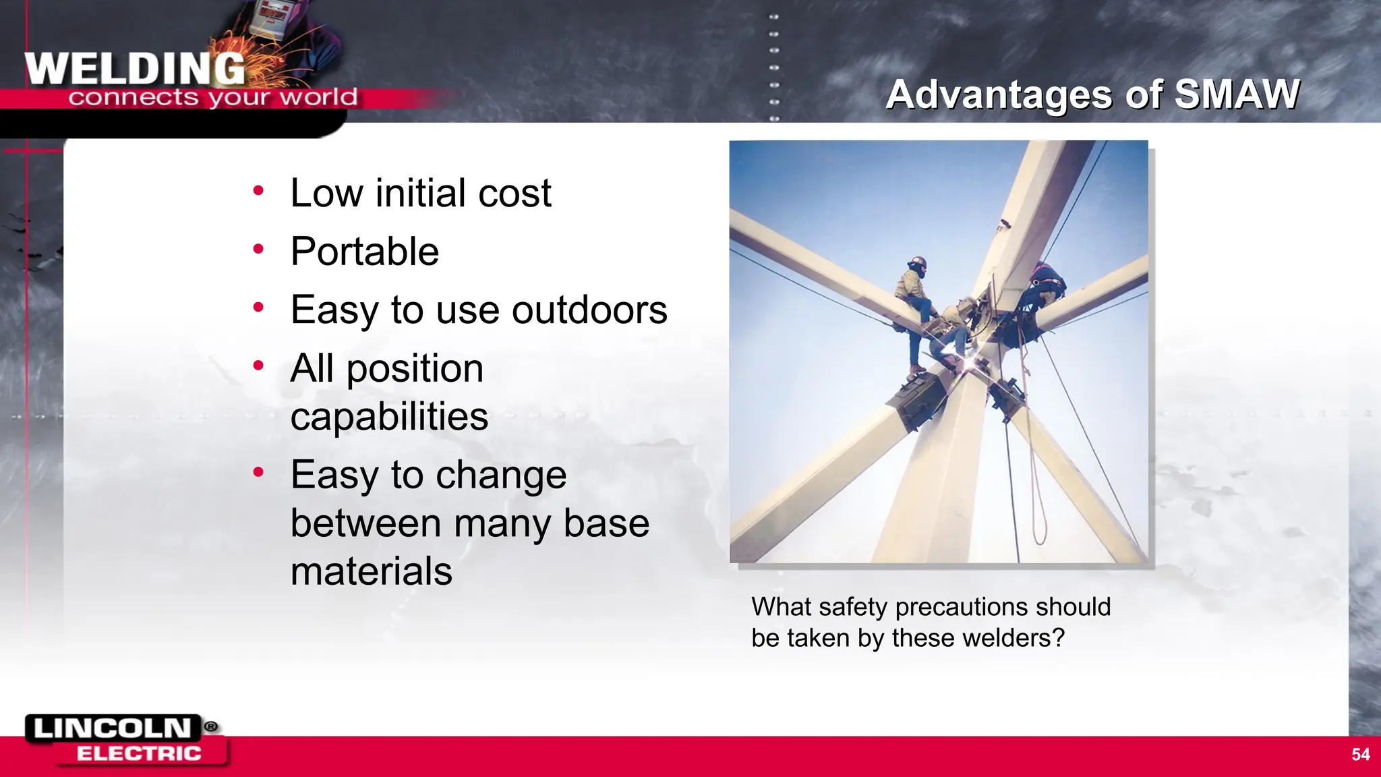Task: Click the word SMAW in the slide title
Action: [x=1237, y=94]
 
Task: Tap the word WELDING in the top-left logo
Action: [x=135, y=69]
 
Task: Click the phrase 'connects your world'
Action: [x=212, y=98]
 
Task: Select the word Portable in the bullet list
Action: [x=365, y=252]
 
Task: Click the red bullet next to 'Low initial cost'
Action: [x=258, y=191]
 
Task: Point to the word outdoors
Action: [x=589, y=310]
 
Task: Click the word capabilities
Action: [x=389, y=416]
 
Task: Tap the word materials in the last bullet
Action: [x=371, y=571]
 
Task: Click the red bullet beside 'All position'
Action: [x=258, y=366]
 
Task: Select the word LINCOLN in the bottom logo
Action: [x=113, y=728]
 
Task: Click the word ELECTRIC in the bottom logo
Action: [x=139, y=753]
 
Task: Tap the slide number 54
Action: [x=1360, y=754]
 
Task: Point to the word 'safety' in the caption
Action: [x=853, y=607]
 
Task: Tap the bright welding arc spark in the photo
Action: [x=969, y=365]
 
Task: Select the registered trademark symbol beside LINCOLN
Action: [x=211, y=726]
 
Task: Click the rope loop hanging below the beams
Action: [x=1038, y=519]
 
